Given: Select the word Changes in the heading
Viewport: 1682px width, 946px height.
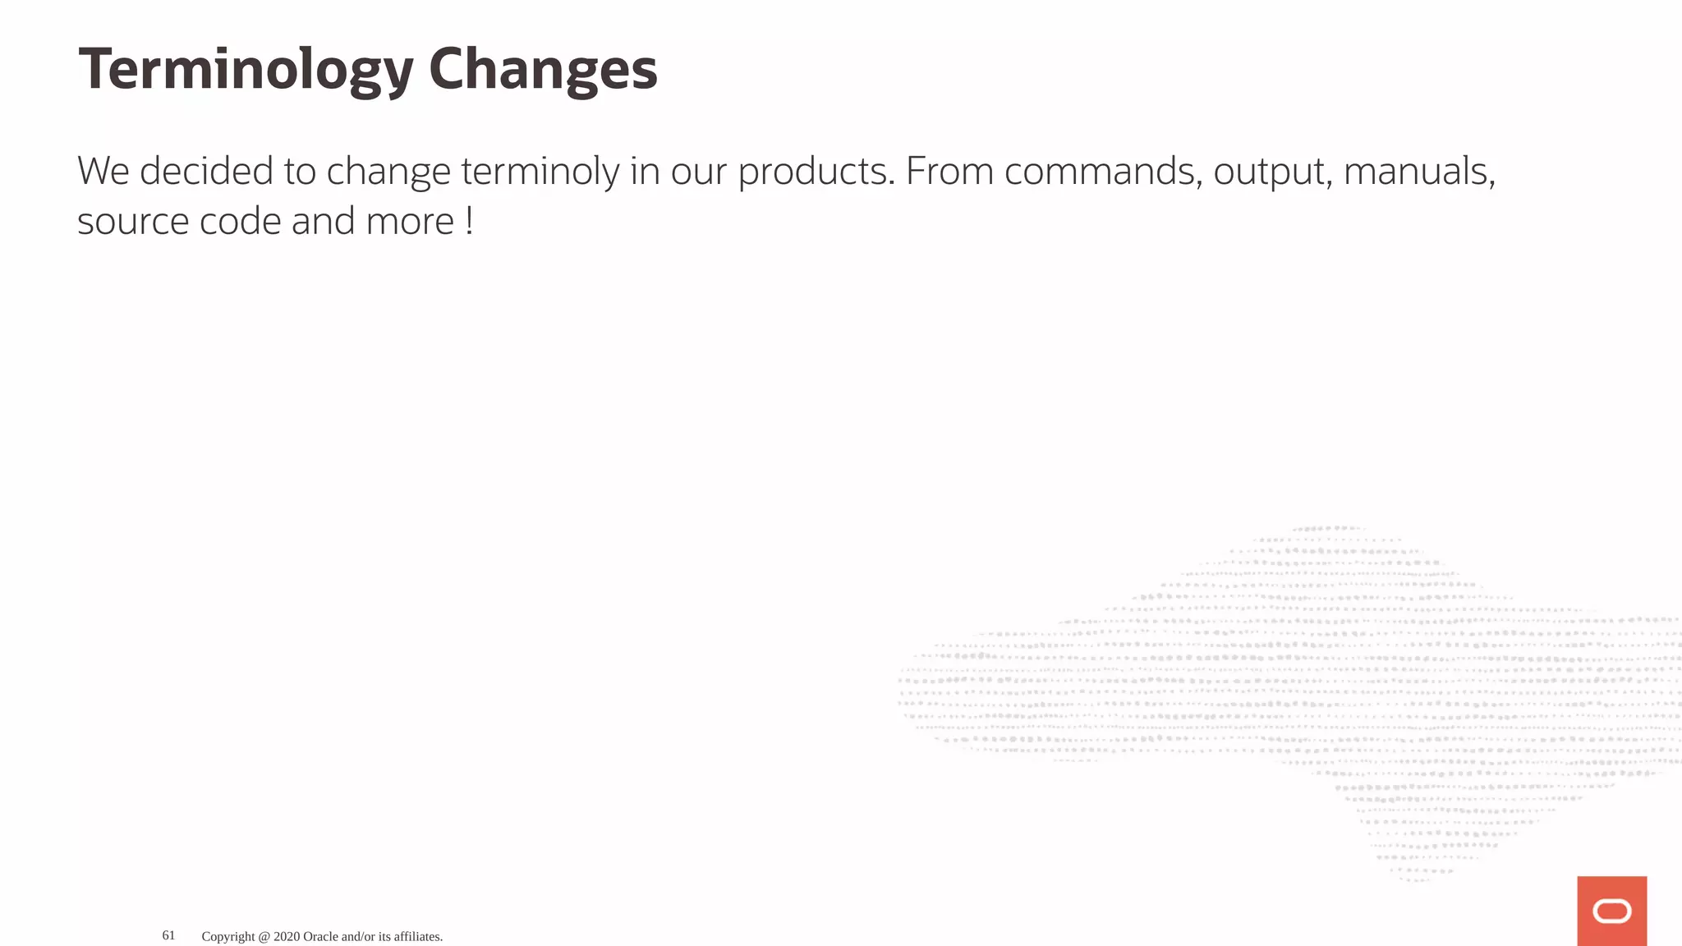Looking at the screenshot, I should point(543,70).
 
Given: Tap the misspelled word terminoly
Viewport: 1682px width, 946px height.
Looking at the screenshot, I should point(540,172).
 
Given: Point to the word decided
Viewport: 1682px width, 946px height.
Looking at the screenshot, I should point(206,172).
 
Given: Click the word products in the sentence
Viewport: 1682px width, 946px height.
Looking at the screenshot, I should point(816,172).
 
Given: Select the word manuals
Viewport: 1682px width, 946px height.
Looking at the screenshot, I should point(1418,172).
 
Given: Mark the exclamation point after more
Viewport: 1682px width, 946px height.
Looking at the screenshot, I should point(469,222).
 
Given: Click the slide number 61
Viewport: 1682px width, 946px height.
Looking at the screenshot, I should point(168,935).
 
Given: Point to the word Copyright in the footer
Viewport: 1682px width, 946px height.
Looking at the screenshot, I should point(227,936).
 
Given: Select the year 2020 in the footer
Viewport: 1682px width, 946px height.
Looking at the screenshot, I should point(287,936).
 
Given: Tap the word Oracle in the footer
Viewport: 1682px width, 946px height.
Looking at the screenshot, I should point(320,936).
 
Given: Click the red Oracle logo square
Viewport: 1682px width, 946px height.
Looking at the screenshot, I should point(1611,911).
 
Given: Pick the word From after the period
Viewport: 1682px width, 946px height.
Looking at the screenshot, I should point(949,172).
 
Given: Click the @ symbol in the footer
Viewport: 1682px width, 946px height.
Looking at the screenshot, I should point(264,936).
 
